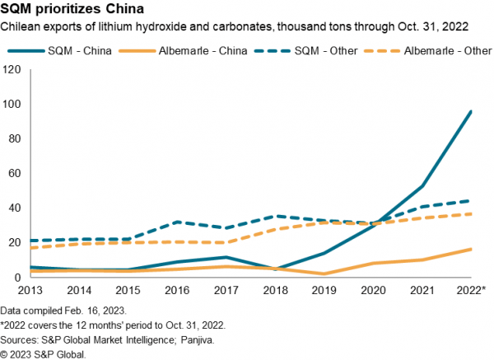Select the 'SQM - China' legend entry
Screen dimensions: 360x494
click(x=74, y=50)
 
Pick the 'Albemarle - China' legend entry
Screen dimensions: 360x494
click(x=197, y=50)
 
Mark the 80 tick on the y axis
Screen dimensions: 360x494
click(x=13, y=138)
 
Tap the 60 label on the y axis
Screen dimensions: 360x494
click(x=13, y=173)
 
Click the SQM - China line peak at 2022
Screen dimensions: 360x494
click(x=471, y=111)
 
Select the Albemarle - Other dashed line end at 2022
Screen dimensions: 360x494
click(x=471, y=214)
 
